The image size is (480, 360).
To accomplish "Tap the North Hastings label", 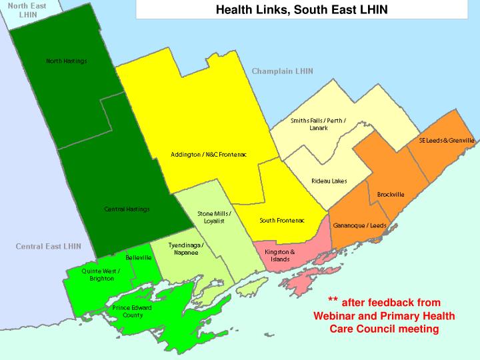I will point(67,61).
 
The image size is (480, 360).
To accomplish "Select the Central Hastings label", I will point(127,209).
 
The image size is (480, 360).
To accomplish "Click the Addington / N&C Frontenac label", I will point(209,155).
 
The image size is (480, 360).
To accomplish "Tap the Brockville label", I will point(391,195).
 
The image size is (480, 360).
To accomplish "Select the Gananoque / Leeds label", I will point(359,225).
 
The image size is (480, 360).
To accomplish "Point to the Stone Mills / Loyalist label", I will point(215,217).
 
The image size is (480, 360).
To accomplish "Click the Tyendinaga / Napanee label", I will point(186,249).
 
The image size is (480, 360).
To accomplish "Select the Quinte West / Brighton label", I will point(101,275).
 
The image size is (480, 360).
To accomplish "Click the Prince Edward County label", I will point(132,311).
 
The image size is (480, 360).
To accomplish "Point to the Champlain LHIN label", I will point(282,71).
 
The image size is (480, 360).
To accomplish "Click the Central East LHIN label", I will point(48,247).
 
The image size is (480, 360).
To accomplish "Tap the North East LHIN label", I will point(23,9).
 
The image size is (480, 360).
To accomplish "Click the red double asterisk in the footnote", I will point(333,301).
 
